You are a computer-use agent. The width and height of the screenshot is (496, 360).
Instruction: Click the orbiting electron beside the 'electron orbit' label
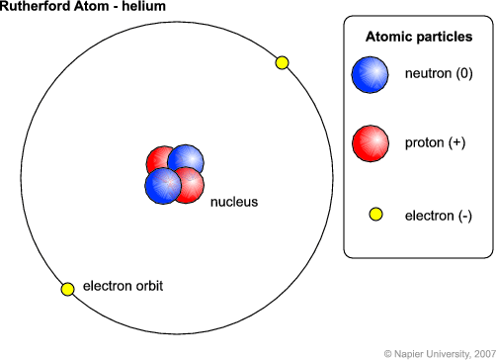pyautogui.click(x=67, y=289)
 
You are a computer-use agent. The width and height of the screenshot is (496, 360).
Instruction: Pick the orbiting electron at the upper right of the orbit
pyautogui.click(x=282, y=63)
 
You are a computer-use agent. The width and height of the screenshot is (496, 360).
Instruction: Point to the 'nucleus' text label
pyautogui.click(x=233, y=202)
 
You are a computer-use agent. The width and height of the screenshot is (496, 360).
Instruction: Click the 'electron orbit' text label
pyautogui.click(x=124, y=286)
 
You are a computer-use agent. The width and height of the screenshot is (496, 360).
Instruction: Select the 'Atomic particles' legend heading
pyautogui.click(x=419, y=37)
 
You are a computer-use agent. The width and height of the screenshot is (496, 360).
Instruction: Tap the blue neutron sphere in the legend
pyautogui.click(x=371, y=75)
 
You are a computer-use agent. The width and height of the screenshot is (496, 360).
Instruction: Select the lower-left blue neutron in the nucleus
pyautogui.click(x=161, y=186)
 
